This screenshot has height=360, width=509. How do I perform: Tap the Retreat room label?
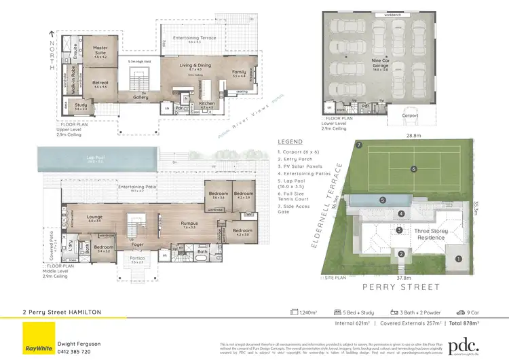100,84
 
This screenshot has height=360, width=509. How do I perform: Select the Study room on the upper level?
81,106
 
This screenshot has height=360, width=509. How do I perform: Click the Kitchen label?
207,104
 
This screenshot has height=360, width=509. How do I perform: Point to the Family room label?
239,72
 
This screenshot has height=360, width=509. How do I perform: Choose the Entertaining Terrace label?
194,39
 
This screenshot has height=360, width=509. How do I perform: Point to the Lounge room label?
94,218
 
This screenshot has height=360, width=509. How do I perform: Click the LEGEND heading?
290,141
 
